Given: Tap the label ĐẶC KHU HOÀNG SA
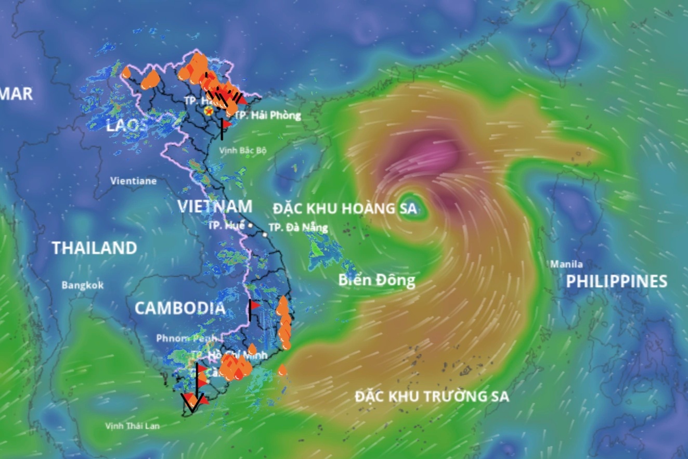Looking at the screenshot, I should [x=345, y=209].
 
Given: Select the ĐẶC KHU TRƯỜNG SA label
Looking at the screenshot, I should [x=432, y=397].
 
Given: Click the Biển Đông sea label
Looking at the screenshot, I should [x=377, y=280].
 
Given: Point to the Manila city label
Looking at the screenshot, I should [x=566, y=264].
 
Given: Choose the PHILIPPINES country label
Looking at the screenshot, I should [x=616, y=282].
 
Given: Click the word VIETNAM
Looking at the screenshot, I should [x=215, y=206].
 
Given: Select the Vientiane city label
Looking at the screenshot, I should [x=133, y=181].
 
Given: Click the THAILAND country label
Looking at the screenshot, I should [x=94, y=248].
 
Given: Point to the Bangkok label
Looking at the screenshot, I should [x=82, y=285].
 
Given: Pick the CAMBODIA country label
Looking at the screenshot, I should [x=180, y=308].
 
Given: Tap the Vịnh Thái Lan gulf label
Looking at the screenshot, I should [x=132, y=426].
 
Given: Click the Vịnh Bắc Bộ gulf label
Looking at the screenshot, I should [x=242, y=150].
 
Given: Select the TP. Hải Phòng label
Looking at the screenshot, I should [x=267, y=116].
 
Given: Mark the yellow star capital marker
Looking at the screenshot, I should [x=209, y=111].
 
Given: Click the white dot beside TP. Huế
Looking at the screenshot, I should [x=250, y=226].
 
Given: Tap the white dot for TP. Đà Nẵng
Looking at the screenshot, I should [x=265, y=235].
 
